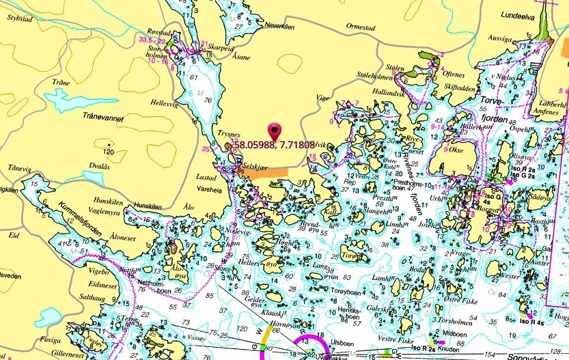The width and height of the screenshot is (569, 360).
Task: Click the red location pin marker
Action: (275, 130)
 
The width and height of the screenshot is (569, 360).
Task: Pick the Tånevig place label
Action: (20, 167)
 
